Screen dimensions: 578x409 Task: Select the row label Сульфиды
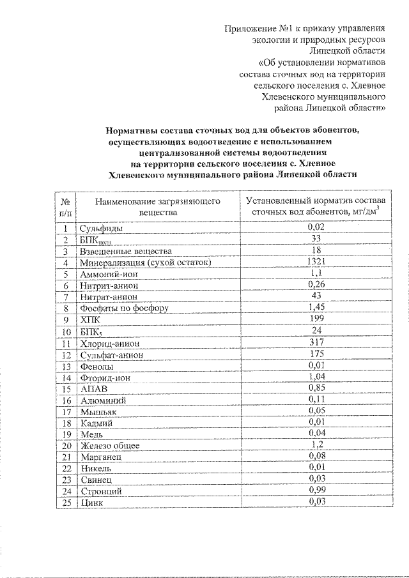coord(101,228)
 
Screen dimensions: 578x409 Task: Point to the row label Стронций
coord(100,491)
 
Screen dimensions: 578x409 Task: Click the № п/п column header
coord(65,206)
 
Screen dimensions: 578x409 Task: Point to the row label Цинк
coord(91,503)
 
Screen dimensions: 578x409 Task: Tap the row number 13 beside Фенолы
coord(65,366)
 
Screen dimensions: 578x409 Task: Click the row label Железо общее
coord(109,445)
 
